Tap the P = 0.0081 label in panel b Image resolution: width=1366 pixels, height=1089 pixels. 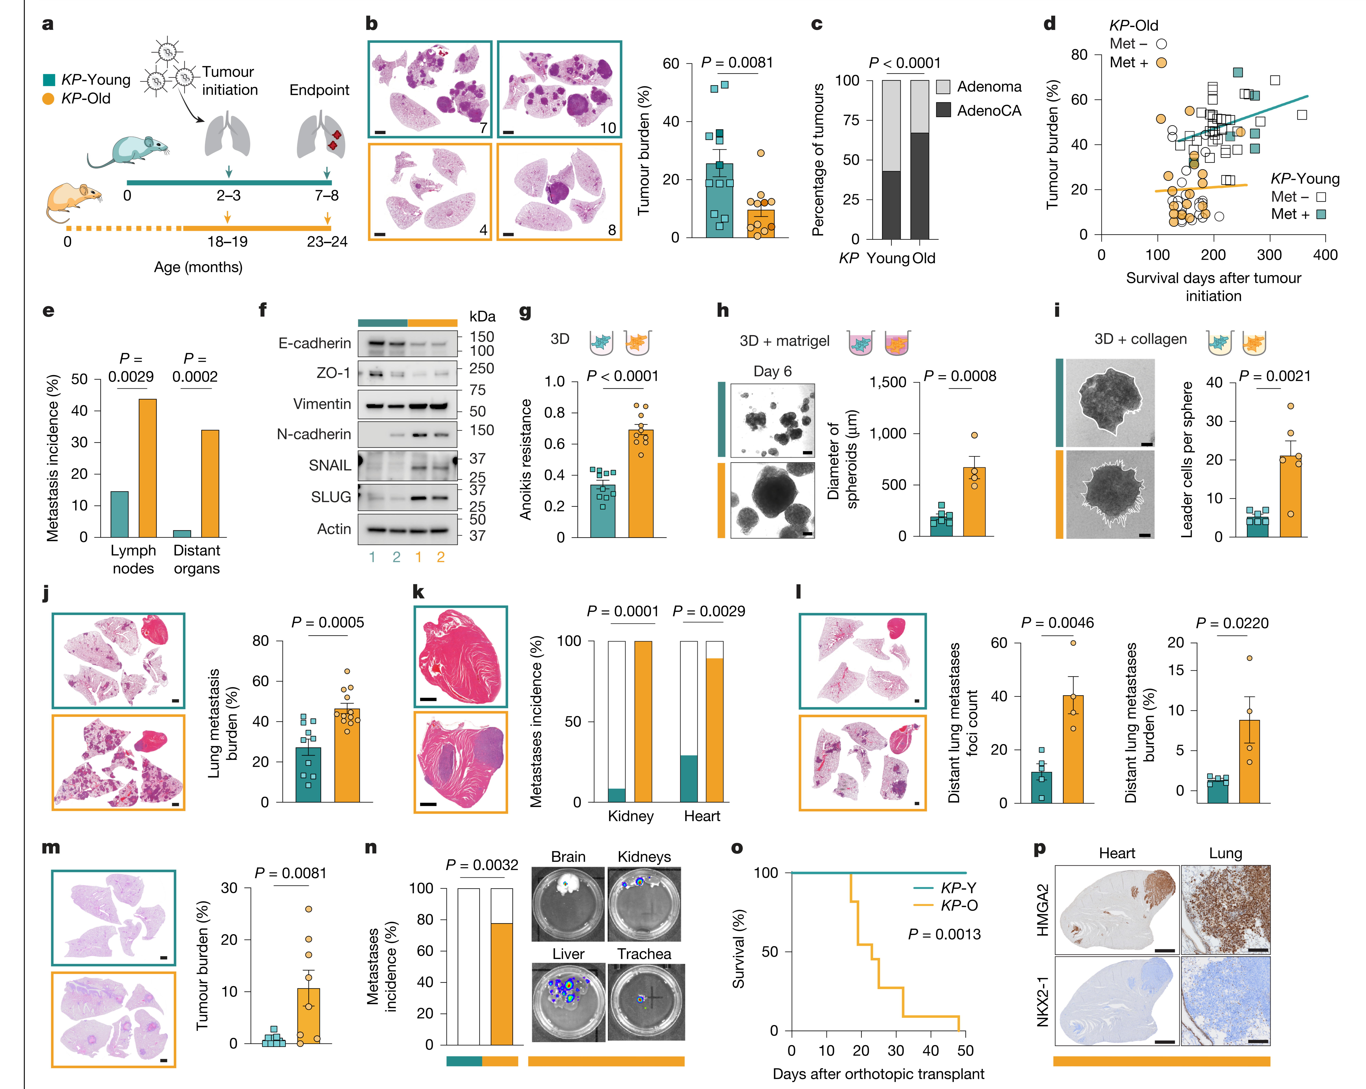coord(737,62)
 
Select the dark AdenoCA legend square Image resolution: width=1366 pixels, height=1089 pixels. coord(943,110)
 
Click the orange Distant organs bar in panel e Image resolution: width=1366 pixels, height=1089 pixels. coord(210,484)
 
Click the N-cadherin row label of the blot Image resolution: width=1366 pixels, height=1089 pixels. coord(314,434)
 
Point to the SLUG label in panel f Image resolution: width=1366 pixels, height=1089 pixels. coord(331,497)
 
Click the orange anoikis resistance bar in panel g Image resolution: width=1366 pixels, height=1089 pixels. coord(641,484)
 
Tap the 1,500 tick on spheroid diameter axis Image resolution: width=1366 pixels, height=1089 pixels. coord(888,382)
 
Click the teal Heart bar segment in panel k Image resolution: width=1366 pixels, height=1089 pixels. coord(689,779)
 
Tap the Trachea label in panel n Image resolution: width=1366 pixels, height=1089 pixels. coord(644,954)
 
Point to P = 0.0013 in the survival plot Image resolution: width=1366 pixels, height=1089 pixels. coord(944,934)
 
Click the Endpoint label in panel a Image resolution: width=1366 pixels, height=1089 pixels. coord(319,90)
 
